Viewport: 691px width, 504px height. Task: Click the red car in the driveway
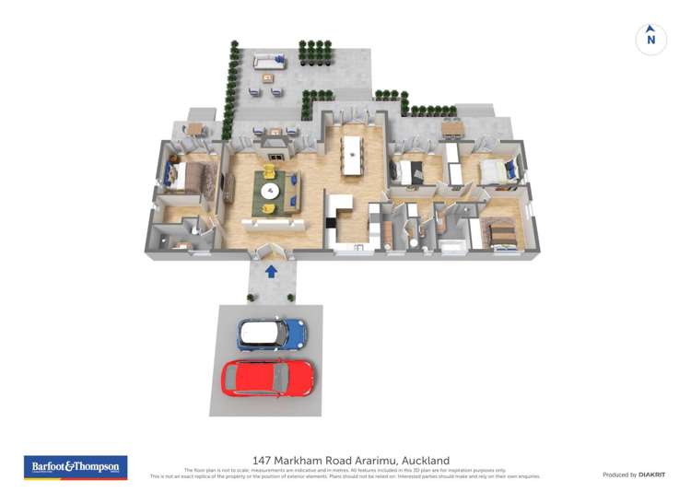pos(268,377)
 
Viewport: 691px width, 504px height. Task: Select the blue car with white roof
pos(271,334)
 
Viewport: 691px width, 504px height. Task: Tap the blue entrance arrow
pos(271,272)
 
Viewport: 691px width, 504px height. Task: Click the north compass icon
pos(651,40)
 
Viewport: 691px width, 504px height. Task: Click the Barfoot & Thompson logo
pos(76,467)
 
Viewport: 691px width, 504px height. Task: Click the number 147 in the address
pos(263,460)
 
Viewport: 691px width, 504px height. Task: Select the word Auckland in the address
pos(421,460)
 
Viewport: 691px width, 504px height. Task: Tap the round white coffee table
pos(270,192)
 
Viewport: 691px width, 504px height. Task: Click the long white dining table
pos(352,156)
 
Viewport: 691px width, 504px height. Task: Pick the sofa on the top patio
pos(270,62)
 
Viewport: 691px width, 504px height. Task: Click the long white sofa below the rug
pos(273,223)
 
